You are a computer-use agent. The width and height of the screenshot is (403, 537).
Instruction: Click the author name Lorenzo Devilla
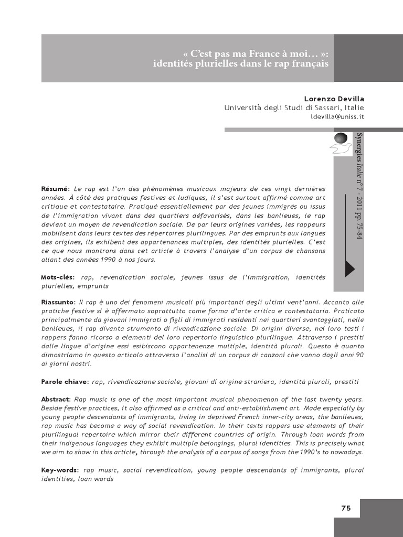point(334,99)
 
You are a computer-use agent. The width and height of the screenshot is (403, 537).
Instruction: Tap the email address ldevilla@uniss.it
point(337,116)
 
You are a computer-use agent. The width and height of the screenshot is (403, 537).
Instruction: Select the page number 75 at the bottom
point(346,508)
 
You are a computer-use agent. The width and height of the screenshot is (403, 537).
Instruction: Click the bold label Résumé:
point(55,189)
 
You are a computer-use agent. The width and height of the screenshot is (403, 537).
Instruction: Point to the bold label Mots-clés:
point(58,277)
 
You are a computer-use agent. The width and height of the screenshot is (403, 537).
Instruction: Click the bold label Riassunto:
point(59,303)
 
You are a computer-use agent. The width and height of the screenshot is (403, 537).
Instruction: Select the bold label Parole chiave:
point(65,381)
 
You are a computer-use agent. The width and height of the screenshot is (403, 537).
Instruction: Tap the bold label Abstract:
point(56,400)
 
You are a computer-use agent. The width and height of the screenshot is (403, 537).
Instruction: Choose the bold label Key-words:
point(60,470)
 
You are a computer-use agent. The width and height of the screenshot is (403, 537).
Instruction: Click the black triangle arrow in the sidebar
point(349,268)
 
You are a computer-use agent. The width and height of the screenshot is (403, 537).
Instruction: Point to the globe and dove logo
point(340,142)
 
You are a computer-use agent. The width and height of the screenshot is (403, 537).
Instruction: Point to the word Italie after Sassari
point(352,108)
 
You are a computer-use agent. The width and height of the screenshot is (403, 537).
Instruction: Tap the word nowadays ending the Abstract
point(346,452)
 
